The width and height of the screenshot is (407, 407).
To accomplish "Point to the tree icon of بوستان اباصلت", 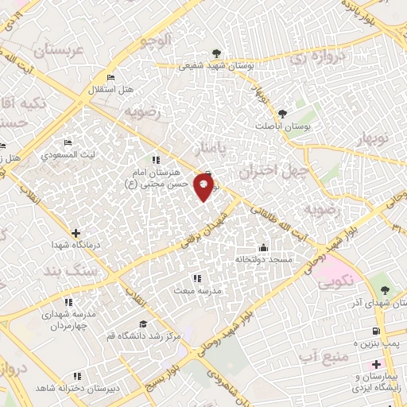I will [303, 115].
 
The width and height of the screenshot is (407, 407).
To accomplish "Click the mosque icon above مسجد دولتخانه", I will [264, 246].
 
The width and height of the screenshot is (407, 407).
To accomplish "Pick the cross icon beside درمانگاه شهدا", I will [76, 234].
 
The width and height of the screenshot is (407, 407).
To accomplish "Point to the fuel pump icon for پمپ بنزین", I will [377, 331].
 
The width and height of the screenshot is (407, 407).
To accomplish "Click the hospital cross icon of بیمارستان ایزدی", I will [376, 364].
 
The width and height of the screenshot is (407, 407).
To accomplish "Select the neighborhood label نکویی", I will [335, 281].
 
